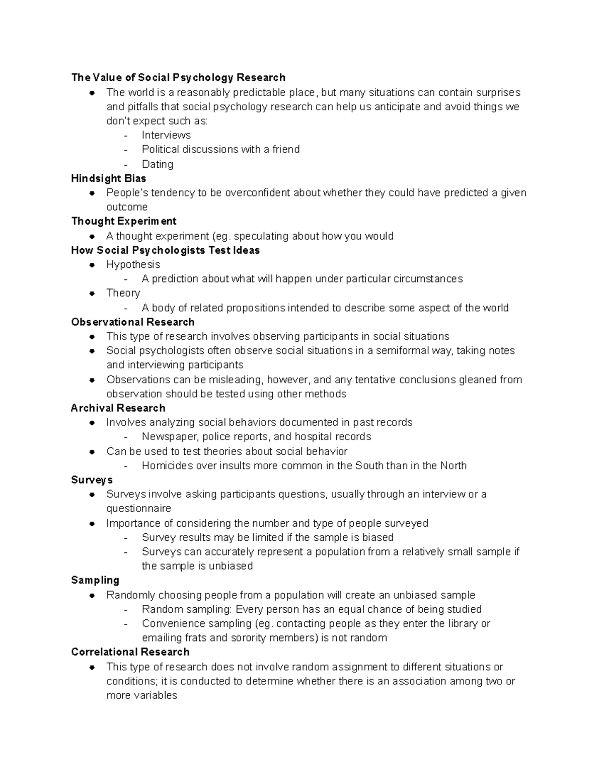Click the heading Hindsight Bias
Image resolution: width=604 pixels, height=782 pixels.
[x=109, y=178]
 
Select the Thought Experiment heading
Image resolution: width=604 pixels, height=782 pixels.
[x=124, y=221]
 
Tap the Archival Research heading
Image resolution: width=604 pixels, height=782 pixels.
[x=118, y=408]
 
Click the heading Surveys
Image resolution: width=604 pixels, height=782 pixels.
[x=92, y=480]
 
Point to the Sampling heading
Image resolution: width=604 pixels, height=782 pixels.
[x=95, y=580]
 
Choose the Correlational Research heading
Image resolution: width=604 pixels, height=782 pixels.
[x=130, y=652]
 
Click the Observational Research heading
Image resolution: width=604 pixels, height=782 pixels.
[x=133, y=322]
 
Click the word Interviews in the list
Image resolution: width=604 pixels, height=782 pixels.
[x=166, y=135]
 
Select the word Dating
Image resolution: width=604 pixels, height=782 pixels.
[x=158, y=164]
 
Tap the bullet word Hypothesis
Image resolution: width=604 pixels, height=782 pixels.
[x=133, y=264]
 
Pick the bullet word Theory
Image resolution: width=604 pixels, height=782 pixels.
[x=123, y=293]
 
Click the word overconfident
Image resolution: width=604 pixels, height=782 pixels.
[x=258, y=193]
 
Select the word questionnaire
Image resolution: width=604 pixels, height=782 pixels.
[x=139, y=509]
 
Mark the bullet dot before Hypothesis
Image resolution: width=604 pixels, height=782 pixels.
[x=92, y=265]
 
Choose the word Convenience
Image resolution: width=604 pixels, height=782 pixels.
[x=171, y=623]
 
